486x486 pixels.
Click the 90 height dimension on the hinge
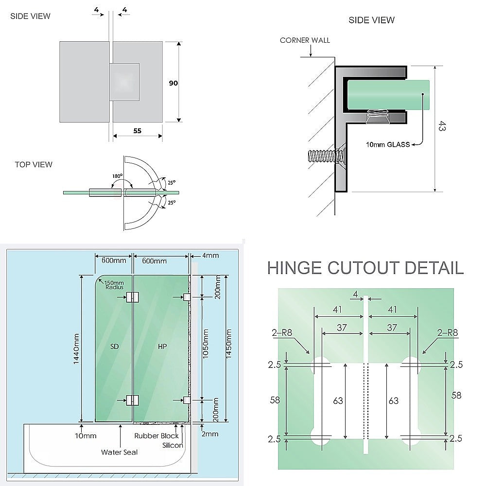tap(173, 83)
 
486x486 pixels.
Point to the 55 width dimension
tap(138, 130)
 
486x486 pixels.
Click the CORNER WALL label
tap(305, 40)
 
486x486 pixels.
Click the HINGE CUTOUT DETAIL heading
tap(365, 267)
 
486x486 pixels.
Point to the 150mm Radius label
tap(114, 285)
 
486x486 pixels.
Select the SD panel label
tap(114, 347)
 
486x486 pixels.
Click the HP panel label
tap(162, 347)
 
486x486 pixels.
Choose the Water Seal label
tap(119, 452)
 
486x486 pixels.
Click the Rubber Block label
tap(156, 436)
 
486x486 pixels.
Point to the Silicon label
tap(173, 445)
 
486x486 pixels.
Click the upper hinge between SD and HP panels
tap(132, 297)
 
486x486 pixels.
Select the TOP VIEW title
tap(33, 164)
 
